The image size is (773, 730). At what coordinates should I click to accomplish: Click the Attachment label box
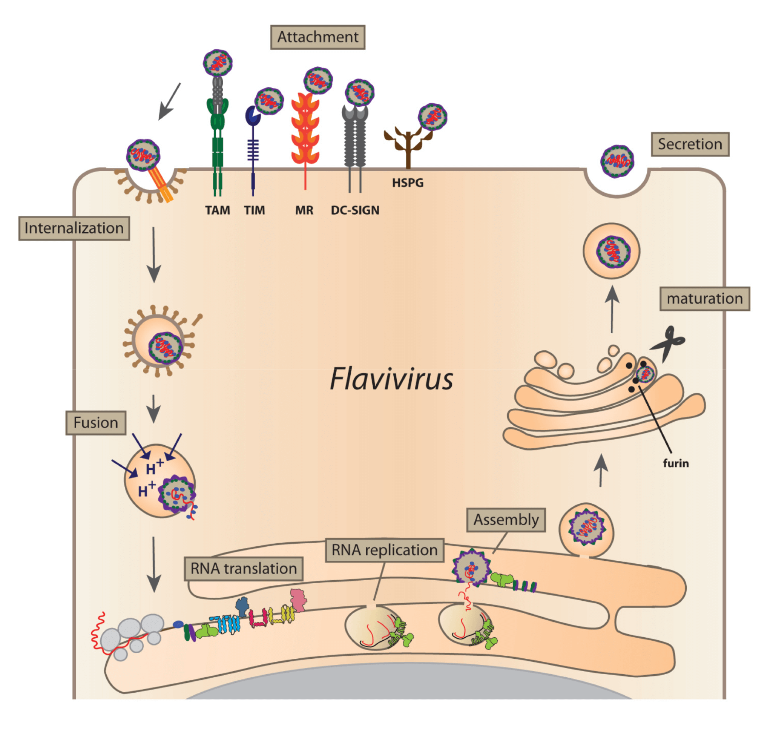point(317,37)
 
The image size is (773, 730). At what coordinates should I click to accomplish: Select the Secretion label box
point(690,144)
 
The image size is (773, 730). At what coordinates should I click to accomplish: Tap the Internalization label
point(74,229)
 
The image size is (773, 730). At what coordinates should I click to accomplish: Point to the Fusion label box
point(96,423)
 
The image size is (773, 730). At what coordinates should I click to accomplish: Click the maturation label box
point(704,299)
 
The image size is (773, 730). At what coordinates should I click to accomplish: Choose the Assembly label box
point(506,520)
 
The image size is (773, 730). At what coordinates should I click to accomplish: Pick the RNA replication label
point(385,550)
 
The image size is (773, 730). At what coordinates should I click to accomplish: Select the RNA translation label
point(244,569)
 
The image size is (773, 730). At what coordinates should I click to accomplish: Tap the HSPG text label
point(408,183)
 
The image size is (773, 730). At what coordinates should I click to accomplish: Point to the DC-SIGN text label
point(355,210)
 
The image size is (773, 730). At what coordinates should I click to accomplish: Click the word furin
point(676,463)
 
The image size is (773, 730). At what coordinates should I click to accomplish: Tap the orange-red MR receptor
point(305,129)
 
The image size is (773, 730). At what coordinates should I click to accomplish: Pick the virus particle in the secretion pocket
point(617,161)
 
